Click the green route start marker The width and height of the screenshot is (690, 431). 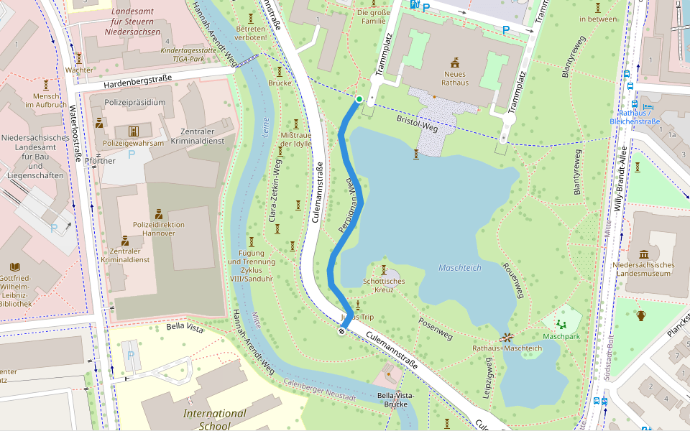click(359, 99)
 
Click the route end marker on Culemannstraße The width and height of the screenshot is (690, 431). click(342, 330)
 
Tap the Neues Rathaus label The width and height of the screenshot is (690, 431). click(456, 78)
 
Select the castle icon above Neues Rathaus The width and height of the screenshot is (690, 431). click(455, 62)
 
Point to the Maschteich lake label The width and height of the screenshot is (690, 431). click(459, 268)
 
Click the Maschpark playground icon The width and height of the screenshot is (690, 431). click(561, 324)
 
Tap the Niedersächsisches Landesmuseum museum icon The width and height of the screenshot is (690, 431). click(643, 254)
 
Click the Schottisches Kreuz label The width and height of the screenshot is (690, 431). click(384, 286)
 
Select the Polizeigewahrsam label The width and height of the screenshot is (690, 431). click(134, 143)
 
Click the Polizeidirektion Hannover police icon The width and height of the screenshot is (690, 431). click(158, 214)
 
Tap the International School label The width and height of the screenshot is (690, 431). click(214, 420)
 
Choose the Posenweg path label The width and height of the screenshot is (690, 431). click(435, 328)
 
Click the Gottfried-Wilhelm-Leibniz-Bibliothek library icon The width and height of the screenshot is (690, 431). click(14, 267)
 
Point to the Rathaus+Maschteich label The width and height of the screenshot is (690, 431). click(507, 348)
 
